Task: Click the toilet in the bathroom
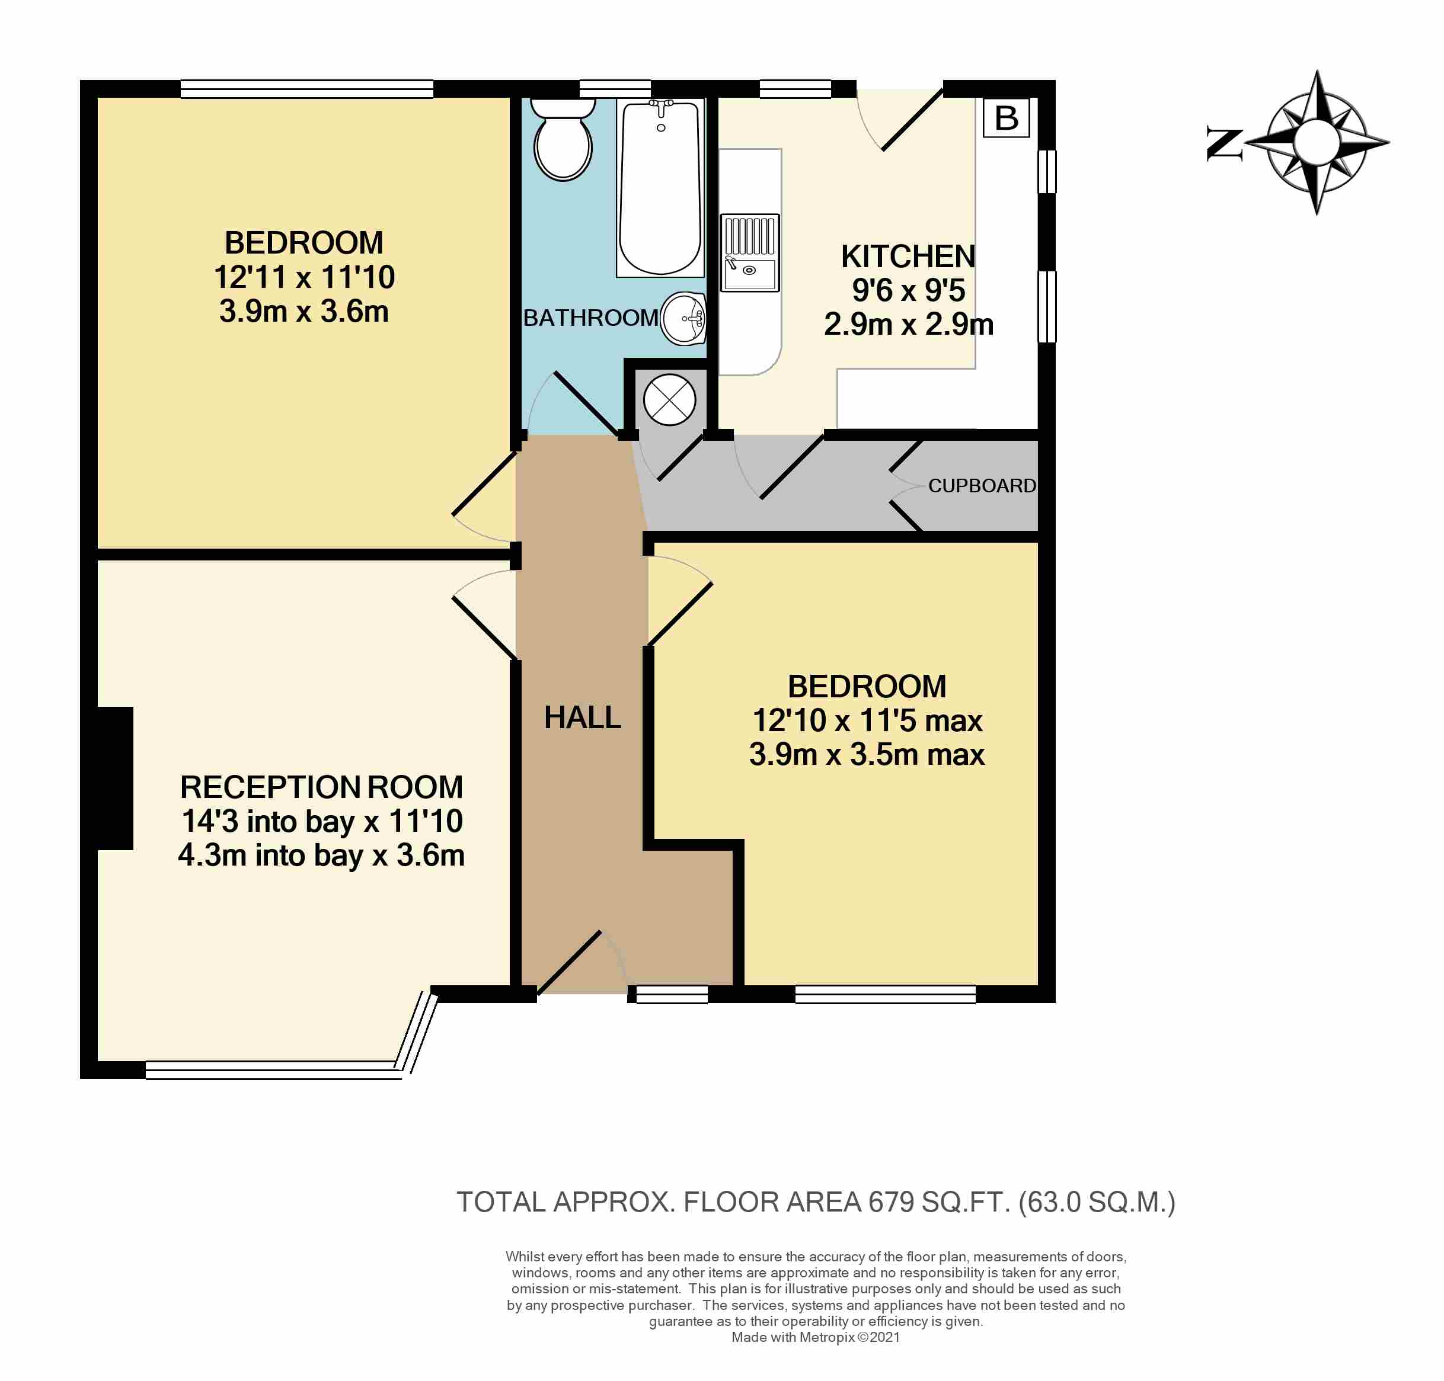562,139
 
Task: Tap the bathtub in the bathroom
660,188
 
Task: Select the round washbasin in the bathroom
684,318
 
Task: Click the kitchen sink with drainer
749,252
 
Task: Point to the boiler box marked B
1006,117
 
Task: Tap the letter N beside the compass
1224,143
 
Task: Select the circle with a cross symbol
669,400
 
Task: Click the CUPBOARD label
982,485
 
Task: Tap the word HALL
583,717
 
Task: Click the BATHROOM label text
590,318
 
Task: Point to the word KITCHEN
908,256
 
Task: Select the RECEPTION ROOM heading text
321,787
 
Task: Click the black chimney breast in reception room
115,778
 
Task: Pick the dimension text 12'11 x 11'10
304,277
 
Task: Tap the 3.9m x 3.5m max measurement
867,755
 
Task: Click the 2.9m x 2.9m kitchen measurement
908,324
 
